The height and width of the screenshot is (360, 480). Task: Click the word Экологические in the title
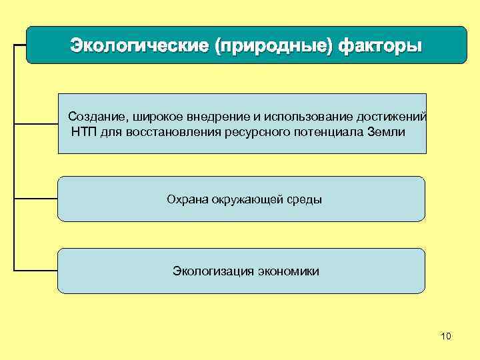pyautogui.click(x=138, y=47)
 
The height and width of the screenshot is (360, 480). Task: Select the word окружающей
pyautogui.click(x=244, y=199)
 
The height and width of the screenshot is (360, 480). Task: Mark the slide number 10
pyautogui.click(x=446, y=336)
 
